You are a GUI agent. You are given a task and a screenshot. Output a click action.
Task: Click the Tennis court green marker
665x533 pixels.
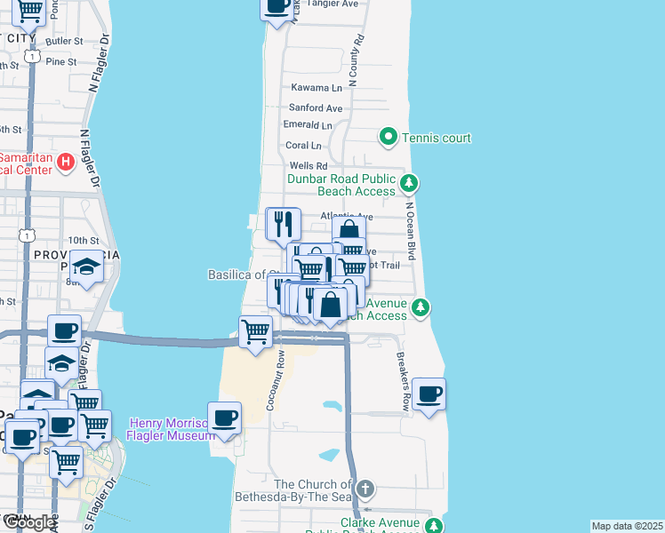388,138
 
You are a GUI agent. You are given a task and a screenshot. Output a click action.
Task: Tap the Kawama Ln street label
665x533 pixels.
316,88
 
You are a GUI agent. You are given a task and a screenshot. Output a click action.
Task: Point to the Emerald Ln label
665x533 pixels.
307,124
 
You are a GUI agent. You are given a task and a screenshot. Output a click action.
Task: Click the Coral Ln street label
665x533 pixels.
303,146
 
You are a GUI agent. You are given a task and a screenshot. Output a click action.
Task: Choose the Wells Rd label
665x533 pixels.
308,166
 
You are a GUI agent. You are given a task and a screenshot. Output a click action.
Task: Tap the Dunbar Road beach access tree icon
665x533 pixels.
408,184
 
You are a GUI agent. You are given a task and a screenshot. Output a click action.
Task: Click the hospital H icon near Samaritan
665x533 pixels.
65,163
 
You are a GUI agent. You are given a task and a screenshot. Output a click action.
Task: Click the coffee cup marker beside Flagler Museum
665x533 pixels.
224,418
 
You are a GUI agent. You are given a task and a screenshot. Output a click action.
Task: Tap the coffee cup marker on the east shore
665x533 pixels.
429,394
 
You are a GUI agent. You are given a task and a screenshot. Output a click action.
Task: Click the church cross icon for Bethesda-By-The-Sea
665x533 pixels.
364,489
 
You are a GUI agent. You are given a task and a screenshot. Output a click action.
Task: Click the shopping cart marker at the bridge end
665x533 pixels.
256,332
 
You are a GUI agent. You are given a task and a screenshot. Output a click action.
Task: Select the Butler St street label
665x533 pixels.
63,41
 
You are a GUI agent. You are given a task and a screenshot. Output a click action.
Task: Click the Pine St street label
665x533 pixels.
61,61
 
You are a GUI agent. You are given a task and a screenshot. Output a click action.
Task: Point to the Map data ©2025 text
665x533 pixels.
628,526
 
